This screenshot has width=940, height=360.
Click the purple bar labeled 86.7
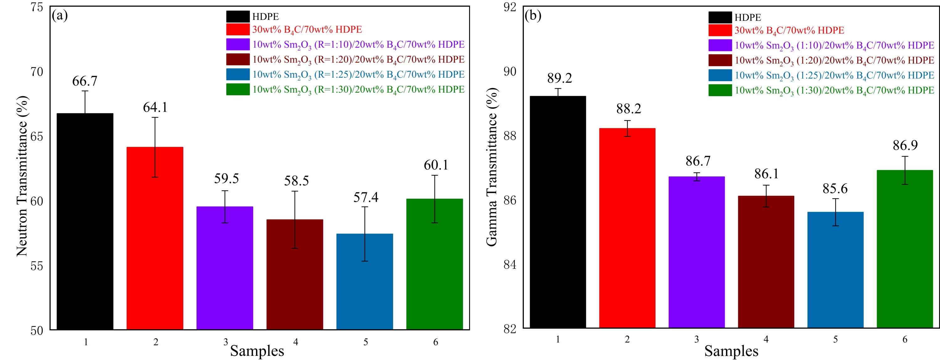pos(696,252)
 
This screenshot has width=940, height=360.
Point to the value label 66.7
pos(85,81)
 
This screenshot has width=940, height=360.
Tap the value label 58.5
pos(296,180)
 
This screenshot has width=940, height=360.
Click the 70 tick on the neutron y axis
pos(37,72)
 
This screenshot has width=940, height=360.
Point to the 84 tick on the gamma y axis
pos(510,264)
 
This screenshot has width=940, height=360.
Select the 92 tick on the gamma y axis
pos(510,7)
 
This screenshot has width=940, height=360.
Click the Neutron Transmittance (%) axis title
pos(22,176)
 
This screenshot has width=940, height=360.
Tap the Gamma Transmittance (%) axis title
pos(492,167)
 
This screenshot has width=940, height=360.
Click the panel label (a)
pos(60,15)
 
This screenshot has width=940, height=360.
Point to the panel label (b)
pos(533,15)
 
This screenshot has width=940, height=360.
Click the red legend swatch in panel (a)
pos(238,29)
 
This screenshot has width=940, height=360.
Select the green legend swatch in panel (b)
pos(720,90)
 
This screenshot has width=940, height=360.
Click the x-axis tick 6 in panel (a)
pos(435,342)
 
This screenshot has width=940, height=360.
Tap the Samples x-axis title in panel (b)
pos(731,351)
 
